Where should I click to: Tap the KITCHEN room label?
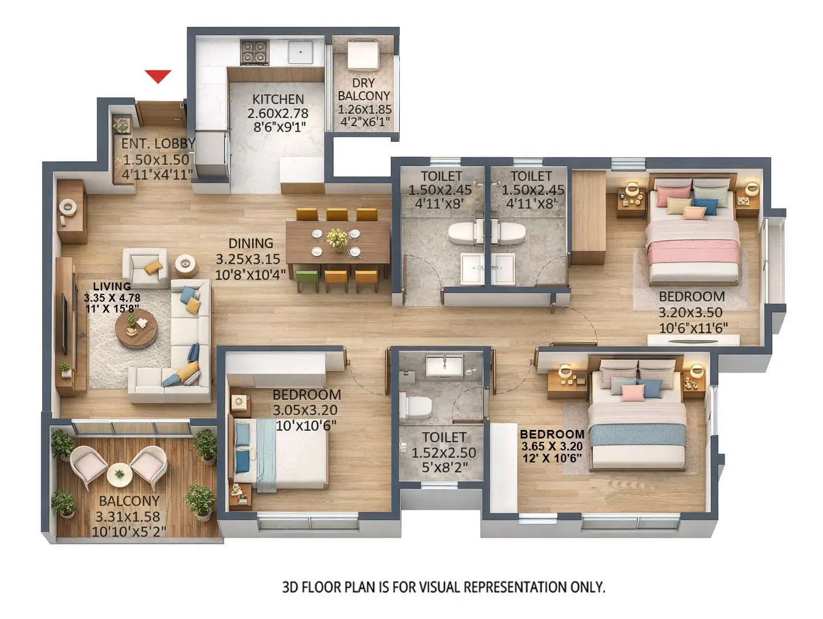pyautogui.click(x=278, y=100)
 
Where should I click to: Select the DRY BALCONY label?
pyautogui.click(x=363, y=89)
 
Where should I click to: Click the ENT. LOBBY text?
pyautogui.click(x=158, y=144)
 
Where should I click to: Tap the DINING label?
pyautogui.click(x=251, y=244)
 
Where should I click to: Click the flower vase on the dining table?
pyautogui.click(x=337, y=238)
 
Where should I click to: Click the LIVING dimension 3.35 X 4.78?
pyautogui.click(x=112, y=298)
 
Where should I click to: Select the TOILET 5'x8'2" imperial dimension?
pyautogui.click(x=444, y=468)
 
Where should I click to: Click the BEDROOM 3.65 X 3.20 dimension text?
pyautogui.click(x=552, y=446)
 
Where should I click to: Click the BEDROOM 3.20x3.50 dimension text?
pyautogui.click(x=690, y=313)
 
